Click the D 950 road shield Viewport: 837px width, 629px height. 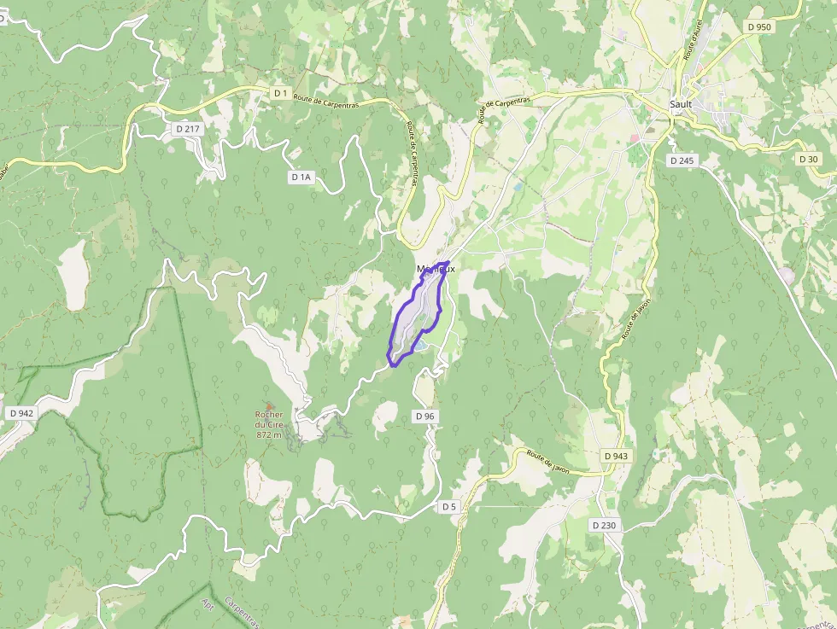point(758,26)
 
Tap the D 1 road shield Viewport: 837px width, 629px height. point(280,92)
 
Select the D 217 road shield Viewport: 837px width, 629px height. point(186,128)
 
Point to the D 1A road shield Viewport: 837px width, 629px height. point(301,177)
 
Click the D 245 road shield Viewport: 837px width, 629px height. point(683,160)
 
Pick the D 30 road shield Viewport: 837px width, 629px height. point(809,160)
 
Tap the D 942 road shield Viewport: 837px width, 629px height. point(21,413)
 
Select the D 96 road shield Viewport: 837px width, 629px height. point(424,416)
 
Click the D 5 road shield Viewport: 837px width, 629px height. point(449,506)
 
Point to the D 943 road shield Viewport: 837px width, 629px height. point(616,456)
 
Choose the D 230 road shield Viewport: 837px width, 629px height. point(604,525)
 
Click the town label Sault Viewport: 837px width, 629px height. point(681,104)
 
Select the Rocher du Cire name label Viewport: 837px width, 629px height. point(268,420)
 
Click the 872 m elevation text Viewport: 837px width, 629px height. point(268,434)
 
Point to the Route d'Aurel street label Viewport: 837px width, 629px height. point(693,41)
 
